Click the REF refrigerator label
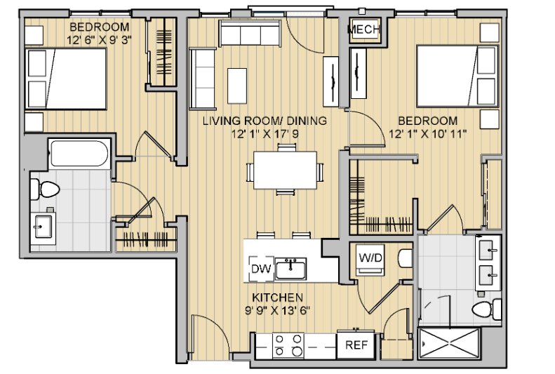tap(356, 345)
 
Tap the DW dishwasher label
tap(261, 269)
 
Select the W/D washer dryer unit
tap(370, 260)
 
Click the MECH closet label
tap(364, 29)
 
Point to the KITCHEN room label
tap(278, 297)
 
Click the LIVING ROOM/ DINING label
tap(265, 121)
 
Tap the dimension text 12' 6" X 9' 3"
tap(100, 40)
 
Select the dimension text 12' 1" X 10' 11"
tap(427, 134)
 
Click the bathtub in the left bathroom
tap(79, 153)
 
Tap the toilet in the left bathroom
tap(45, 189)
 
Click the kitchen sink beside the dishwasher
tap(290, 269)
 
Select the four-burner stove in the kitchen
tap(288, 345)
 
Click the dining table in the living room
tap(285, 171)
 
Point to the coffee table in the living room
tap(236, 86)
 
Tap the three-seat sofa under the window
tap(250, 33)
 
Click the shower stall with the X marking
tap(449, 343)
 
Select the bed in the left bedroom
tap(65, 79)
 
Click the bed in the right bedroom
tap(457, 76)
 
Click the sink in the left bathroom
tap(43, 226)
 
